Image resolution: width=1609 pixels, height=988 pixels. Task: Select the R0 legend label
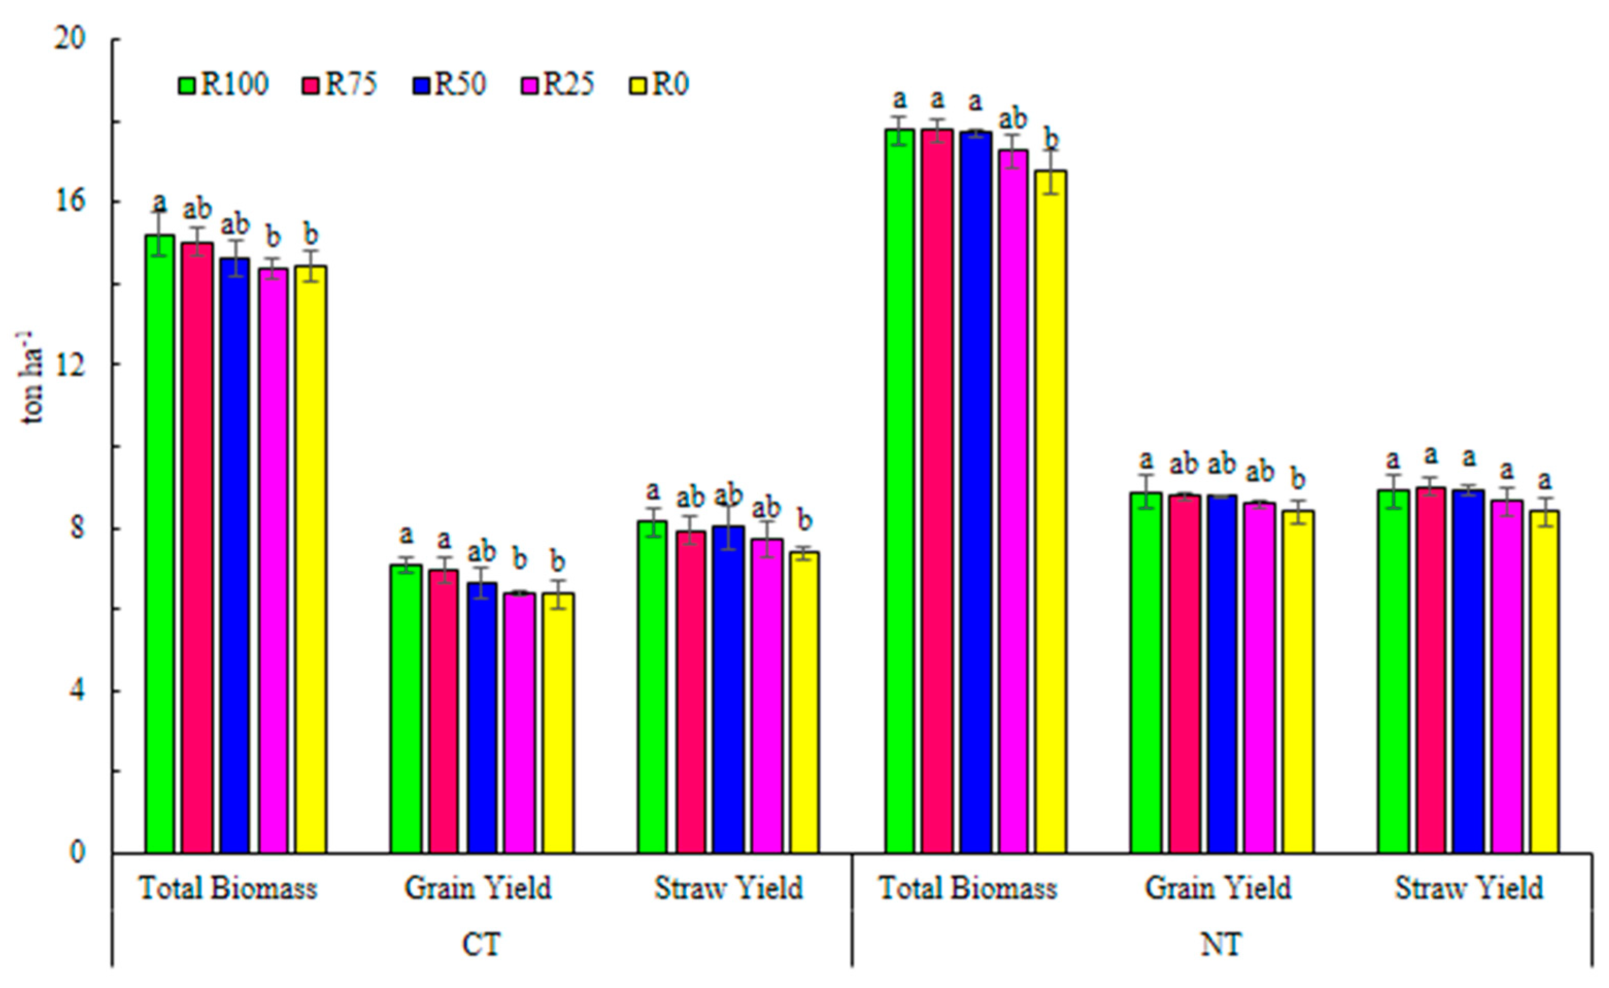point(670,85)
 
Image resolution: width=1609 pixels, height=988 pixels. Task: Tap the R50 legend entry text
point(461,85)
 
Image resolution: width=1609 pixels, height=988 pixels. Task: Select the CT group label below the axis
point(482,944)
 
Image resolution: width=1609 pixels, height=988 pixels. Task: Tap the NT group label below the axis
point(1221,944)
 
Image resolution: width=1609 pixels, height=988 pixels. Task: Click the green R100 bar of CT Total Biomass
point(160,542)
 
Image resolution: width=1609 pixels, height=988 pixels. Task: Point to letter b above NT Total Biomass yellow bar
point(1052,140)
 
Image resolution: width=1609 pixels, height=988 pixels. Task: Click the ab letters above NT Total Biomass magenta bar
point(1013,120)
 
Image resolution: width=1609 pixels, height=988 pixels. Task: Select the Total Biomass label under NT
point(968,888)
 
